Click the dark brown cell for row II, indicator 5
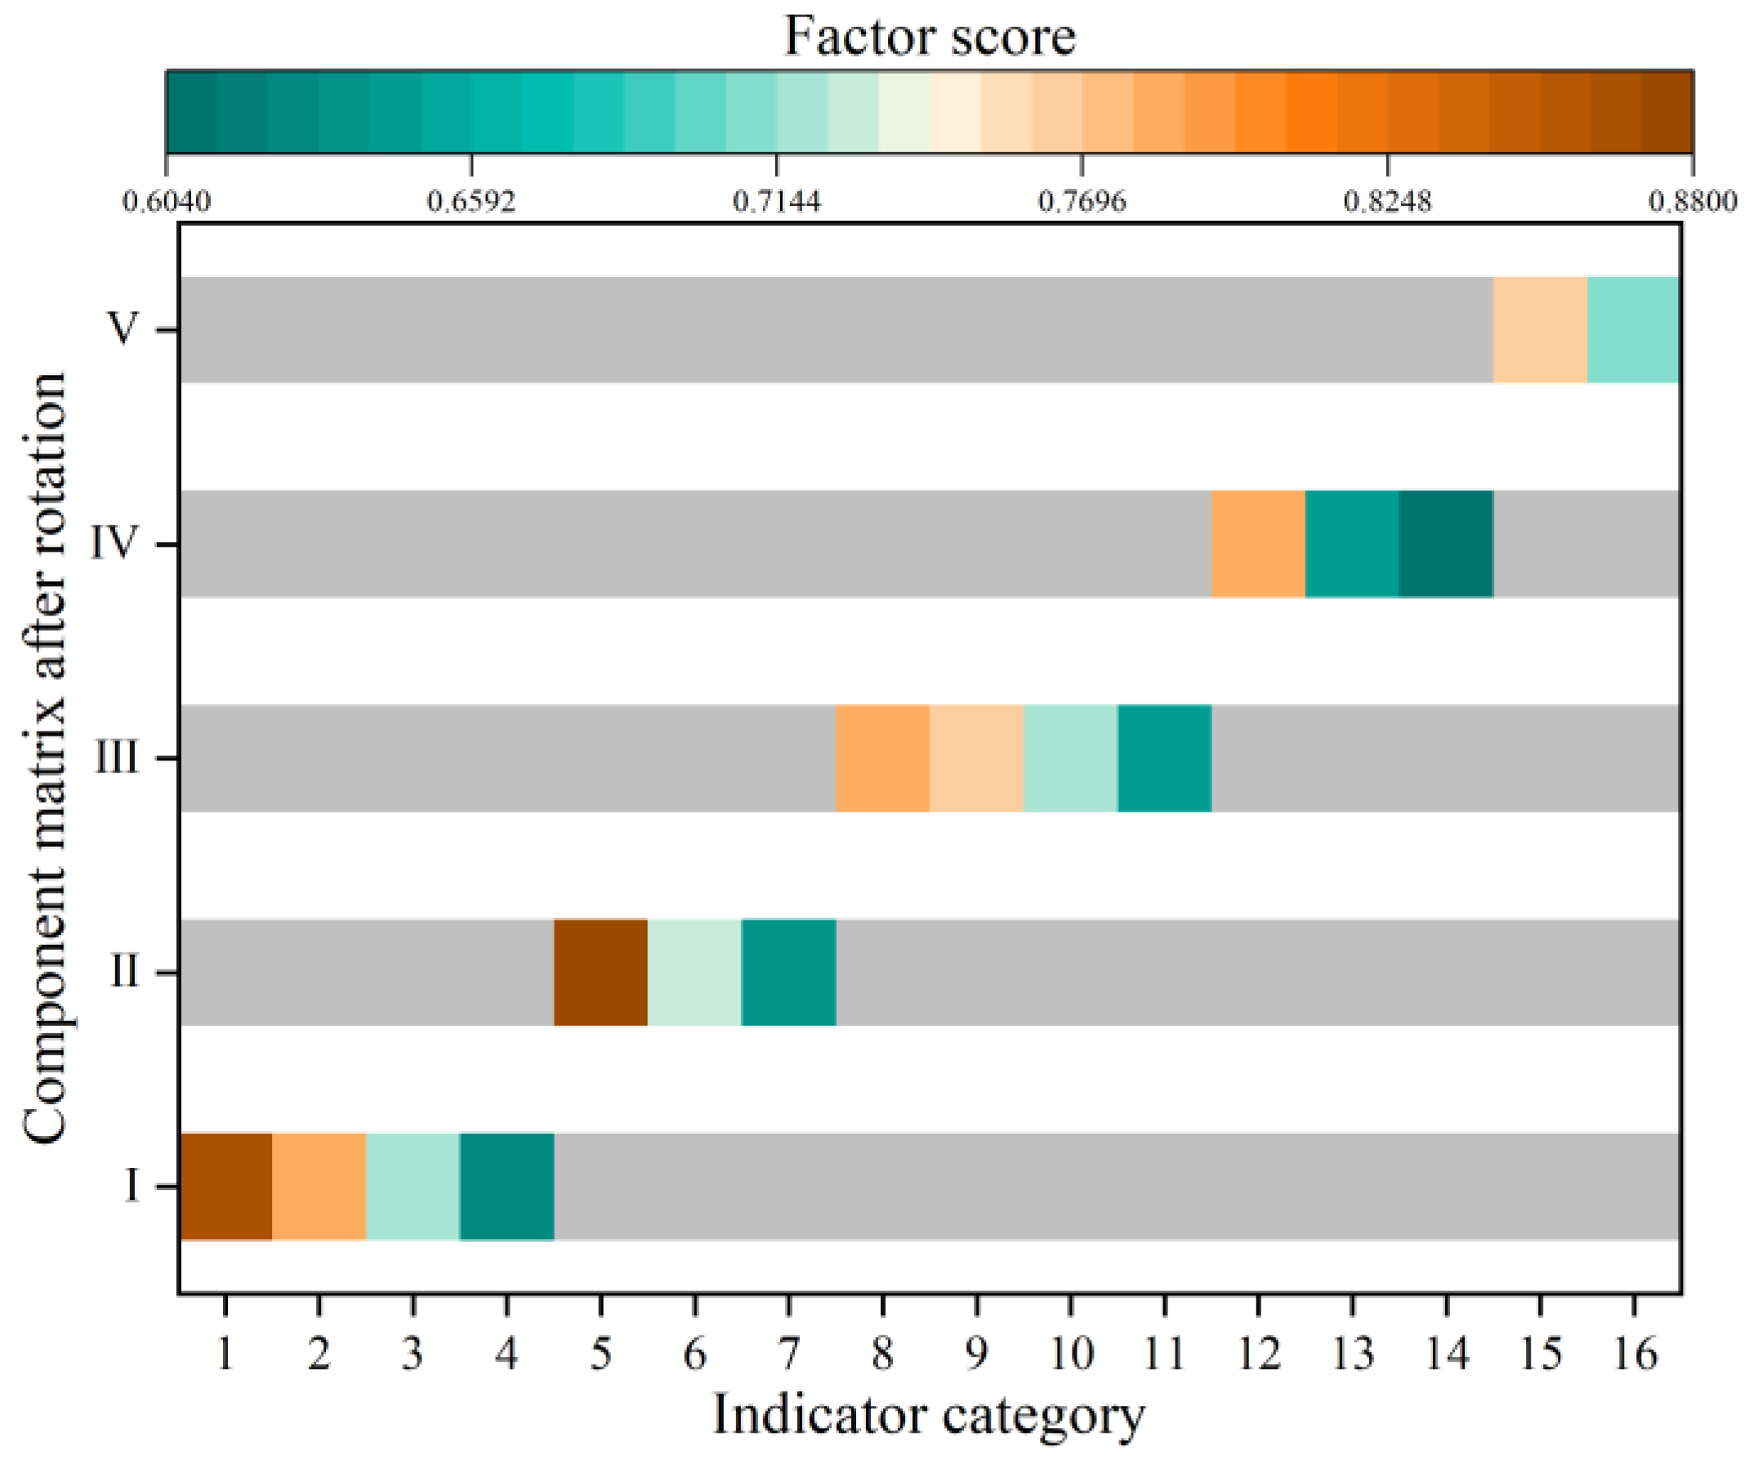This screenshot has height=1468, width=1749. pyautogui.click(x=600, y=973)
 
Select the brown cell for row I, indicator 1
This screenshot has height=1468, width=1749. pyautogui.click(x=226, y=1186)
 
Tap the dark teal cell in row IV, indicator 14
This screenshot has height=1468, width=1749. pyautogui.click(x=1446, y=544)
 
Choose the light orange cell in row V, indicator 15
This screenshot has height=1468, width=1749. pyautogui.click(x=1540, y=330)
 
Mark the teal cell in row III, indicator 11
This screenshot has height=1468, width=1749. pyautogui.click(x=1164, y=759)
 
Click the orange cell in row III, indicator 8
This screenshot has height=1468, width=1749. pyautogui.click(x=883, y=759)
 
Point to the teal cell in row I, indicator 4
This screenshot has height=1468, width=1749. pyautogui.click(x=507, y=1186)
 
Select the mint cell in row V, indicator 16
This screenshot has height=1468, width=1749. pyautogui.click(x=1633, y=330)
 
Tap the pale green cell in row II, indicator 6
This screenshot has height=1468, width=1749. pyautogui.click(x=694, y=973)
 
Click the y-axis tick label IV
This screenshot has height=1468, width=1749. pyautogui.click(x=114, y=544)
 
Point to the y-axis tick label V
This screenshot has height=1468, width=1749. pyautogui.click(x=123, y=330)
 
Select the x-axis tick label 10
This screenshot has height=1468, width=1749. pyautogui.click(x=1071, y=1353)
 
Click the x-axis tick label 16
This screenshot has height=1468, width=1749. pyautogui.click(x=1635, y=1353)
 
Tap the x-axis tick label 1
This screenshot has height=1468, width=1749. pyautogui.click(x=225, y=1353)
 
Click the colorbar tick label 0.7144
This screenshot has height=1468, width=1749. pyautogui.click(x=777, y=201)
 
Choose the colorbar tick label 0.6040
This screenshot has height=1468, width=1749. pyautogui.click(x=167, y=201)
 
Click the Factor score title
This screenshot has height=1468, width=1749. pyautogui.click(x=930, y=37)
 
